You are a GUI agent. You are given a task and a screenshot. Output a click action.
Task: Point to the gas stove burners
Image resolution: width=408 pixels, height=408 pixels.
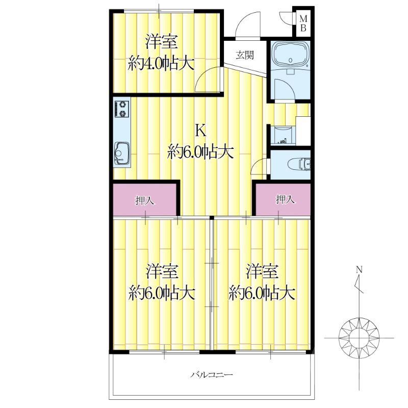pyautogui.click(x=122, y=109)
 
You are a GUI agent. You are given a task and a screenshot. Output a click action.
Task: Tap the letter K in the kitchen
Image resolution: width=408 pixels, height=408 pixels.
pyautogui.click(x=201, y=131)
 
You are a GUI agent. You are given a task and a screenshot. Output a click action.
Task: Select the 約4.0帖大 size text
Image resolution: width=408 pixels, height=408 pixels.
pyautogui.click(x=161, y=64)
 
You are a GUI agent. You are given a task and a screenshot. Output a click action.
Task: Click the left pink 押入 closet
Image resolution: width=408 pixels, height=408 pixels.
pyautogui.click(x=145, y=200)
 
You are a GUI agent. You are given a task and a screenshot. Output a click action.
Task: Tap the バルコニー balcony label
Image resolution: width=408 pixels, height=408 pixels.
pyautogui.click(x=212, y=375)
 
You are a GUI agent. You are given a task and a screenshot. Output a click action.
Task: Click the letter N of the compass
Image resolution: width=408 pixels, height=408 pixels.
pyautogui.click(x=359, y=269)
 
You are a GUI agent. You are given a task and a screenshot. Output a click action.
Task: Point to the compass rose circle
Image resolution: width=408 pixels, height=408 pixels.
pyautogui.click(x=360, y=337)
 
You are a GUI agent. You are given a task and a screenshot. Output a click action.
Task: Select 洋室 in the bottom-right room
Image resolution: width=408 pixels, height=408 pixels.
pyautogui.click(x=262, y=271)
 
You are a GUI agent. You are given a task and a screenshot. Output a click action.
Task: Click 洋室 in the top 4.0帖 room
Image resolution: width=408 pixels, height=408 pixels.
pyautogui.click(x=161, y=41)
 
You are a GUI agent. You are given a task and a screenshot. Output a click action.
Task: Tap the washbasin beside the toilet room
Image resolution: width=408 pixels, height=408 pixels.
pyautogui.click(x=282, y=134)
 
